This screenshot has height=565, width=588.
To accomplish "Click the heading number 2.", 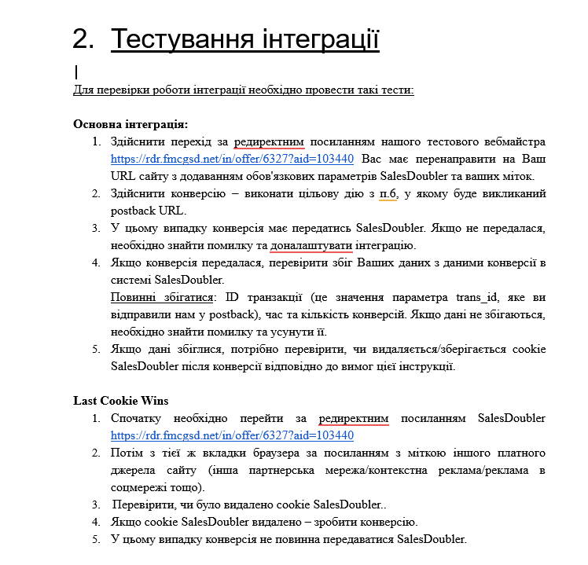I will [82, 39].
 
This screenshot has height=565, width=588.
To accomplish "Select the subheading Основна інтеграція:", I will [130, 124].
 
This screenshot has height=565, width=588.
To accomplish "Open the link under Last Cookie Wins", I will [232, 435].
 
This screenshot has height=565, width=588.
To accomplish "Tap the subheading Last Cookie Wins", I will [120, 401].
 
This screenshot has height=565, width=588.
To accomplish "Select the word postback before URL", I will [130, 211].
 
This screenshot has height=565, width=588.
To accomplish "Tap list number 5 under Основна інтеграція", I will [96, 349].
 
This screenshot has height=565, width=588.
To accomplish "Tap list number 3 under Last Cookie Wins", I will [96, 504].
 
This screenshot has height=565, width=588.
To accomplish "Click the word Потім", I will [127, 453].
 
